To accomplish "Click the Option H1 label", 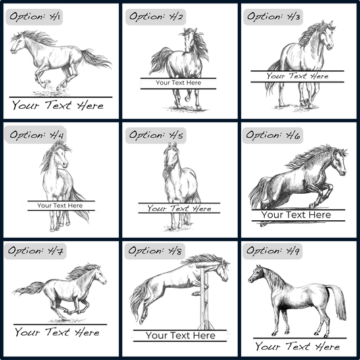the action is click(x=34, y=17).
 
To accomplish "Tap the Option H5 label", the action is click(x=155, y=135).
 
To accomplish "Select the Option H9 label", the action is click(x=272, y=251).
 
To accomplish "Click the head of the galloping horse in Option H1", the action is click(x=18, y=44).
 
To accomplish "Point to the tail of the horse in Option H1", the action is click(x=96, y=59).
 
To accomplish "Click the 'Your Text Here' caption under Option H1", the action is click(x=58, y=105).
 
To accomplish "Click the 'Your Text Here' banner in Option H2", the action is click(x=178, y=83).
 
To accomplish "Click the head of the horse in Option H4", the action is click(x=61, y=156).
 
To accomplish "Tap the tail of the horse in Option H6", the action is click(x=259, y=192).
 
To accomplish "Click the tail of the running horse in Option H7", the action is click(x=29, y=288).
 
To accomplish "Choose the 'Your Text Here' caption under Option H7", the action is click(x=57, y=332).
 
